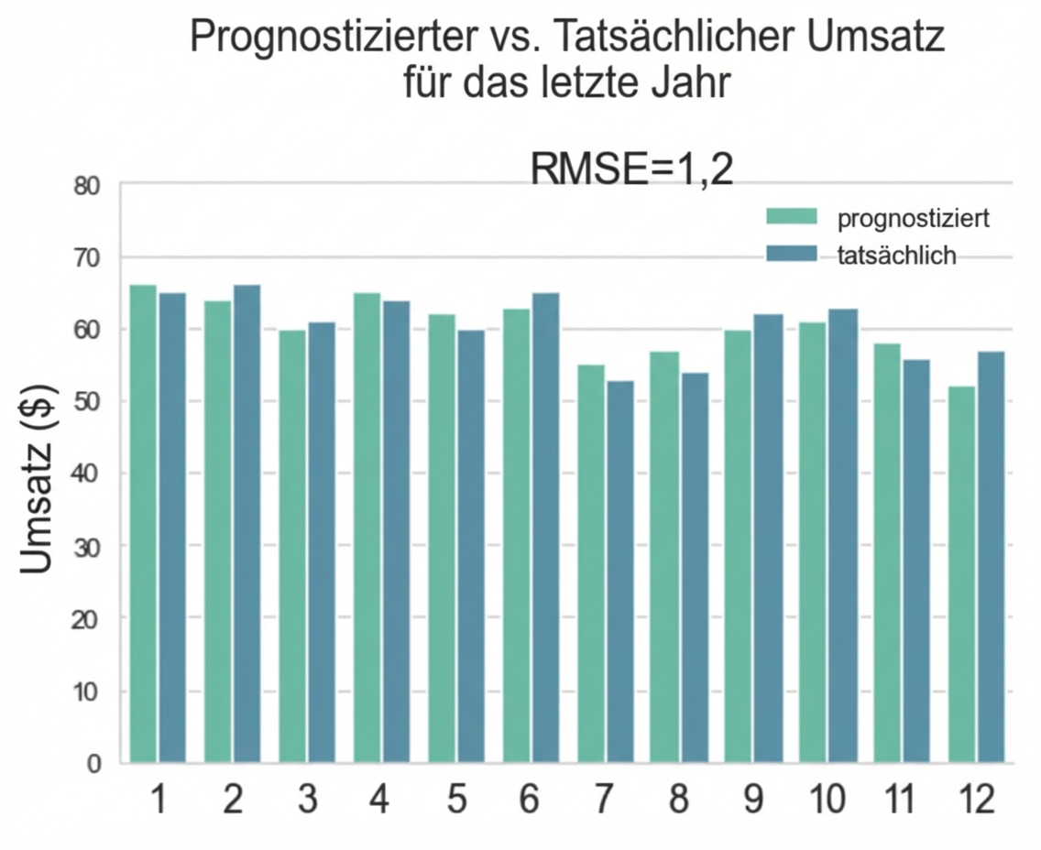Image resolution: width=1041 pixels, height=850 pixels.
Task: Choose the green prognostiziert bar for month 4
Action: pyautogui.click(x=367, y=528)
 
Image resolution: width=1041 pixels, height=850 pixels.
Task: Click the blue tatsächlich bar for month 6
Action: pyautogui.click(x=544, y=528)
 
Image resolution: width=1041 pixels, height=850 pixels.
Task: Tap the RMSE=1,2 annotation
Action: pyautogui.click(x=632, y=170)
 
